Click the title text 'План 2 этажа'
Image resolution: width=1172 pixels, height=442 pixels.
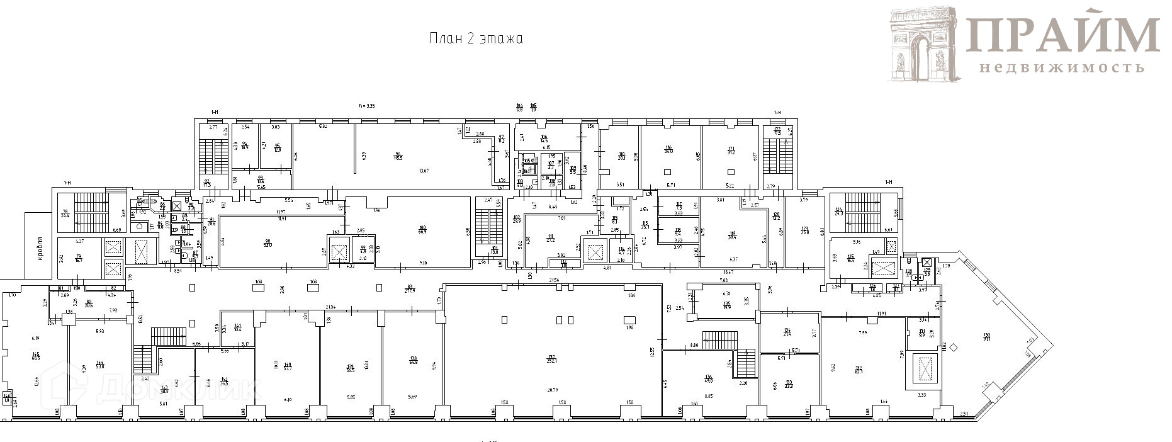click(476, 38)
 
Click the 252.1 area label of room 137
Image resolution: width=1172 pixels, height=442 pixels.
click(551, 360)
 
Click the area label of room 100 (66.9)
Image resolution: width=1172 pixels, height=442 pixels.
click(422, 230)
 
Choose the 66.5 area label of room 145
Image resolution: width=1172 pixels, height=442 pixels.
click(36, 357)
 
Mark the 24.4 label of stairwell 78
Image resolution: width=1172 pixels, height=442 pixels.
click(64, 214)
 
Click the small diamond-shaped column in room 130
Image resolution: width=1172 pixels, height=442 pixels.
click(953, 346)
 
